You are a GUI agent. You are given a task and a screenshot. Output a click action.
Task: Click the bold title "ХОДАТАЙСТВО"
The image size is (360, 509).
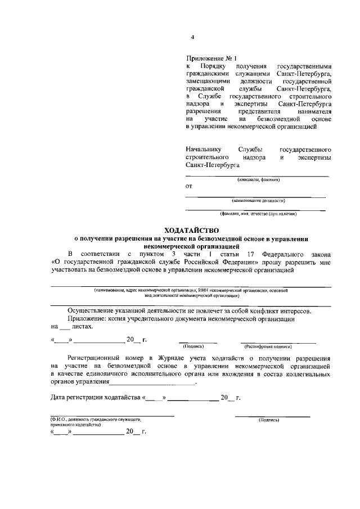(x=191, y=231)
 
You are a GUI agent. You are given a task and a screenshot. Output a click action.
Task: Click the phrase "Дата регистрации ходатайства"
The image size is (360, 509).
(x=95, y=398)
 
